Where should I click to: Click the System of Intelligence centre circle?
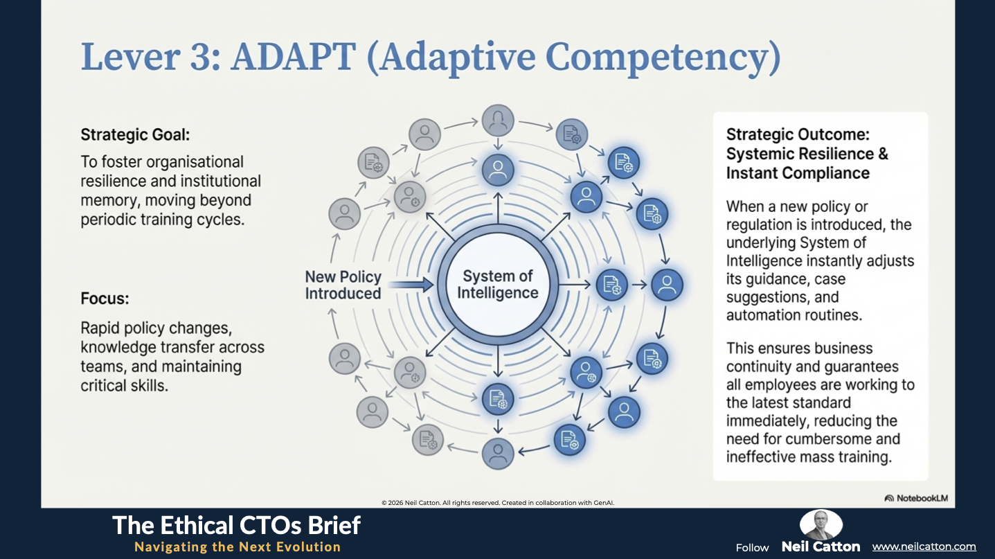[497, 285]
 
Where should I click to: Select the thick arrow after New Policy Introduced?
[411, 285]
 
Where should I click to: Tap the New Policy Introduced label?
[343, 285]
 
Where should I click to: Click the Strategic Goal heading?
[135, 134]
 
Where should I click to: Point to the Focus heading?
[105, 298]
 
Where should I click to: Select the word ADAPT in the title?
[293, 56]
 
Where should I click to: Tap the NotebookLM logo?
[916, 498]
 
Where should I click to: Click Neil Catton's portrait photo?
[821, 524]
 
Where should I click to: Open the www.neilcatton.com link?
[924, 547]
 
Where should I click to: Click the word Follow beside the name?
[752, 547]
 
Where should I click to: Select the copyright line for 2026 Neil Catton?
[497, 503]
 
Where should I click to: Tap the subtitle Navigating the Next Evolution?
[237, 547]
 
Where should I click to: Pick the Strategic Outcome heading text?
[807, 153]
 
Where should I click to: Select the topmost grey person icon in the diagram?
[498, 121]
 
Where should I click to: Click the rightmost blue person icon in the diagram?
[667, 285]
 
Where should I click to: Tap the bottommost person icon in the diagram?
[498, 454]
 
